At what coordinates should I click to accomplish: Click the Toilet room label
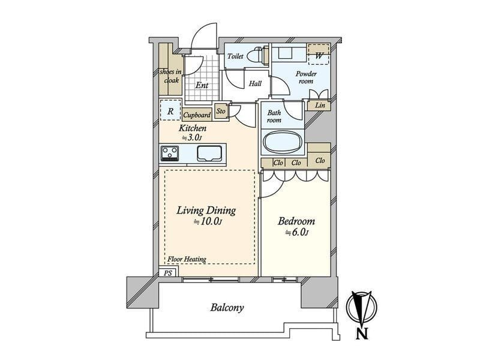(x=235, y=56)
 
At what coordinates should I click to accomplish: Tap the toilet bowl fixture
(x=257, y=55)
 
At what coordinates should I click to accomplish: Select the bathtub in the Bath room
(x=283, y=142)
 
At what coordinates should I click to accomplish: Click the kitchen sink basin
(x=209, y=153)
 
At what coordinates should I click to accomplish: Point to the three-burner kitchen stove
(x=170, y=153)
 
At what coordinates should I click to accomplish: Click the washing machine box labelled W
(x=319, y=55)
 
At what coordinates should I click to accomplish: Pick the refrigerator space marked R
(x=170, y=111)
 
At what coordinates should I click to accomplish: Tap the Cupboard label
(x=197, y=115)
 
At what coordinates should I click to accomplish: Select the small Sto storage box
(x=221, y=111)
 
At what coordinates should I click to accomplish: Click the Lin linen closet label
(x=320, y=105)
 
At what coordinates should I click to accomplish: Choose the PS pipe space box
(x=168, y=272)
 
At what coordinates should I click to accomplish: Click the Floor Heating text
(x=187, y=259)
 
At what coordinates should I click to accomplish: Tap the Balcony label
(x=227, y=307)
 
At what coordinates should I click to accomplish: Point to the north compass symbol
(x=362, y=308)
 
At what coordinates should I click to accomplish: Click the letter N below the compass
(x=362, y=334)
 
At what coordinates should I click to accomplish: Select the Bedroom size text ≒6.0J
(x=296, y=233)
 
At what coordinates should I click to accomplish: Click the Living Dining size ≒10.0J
(x=207, y=221)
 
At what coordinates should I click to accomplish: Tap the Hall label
(x=255, y=83)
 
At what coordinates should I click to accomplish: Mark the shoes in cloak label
(x=170, y=76)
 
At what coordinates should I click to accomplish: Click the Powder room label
(x=306, y=77)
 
